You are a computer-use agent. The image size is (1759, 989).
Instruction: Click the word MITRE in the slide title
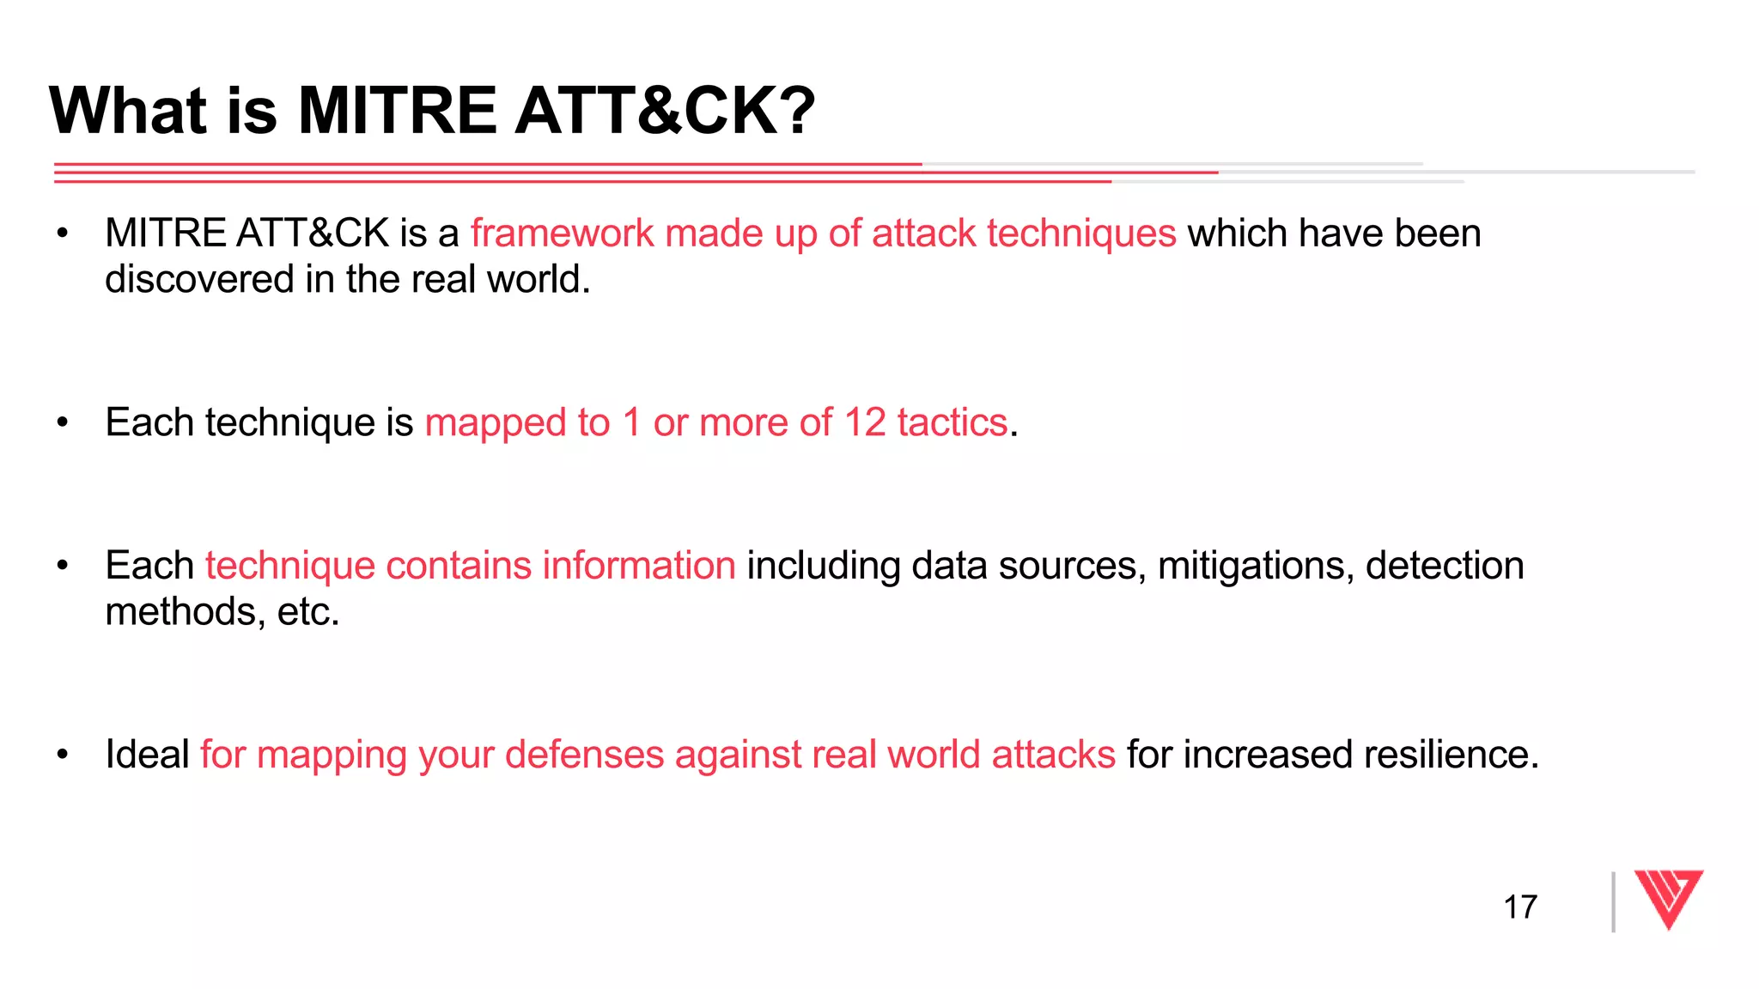pyautogui.click(x=397, y=111)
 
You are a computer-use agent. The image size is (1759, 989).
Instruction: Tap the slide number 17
pyautogui.click(x=1519, y=907)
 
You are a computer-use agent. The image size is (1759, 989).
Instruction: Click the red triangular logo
pyautogui.click(x=1668, y=898)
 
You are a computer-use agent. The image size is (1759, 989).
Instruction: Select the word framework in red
pyautogui.click(x=562, y=234)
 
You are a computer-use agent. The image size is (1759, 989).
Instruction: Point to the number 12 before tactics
pyautogui.click(x=864, y=422)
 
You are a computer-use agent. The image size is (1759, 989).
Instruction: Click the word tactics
pyautogui.click(x=952, y=422)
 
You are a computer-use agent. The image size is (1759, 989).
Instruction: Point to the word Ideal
pyautogui.click(x=147, y=755)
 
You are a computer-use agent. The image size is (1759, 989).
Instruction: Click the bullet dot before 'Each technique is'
pyautogui.click(x=62, y=422)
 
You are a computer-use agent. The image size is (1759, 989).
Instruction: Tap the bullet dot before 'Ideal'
pyautogui.click(x=62, y=755)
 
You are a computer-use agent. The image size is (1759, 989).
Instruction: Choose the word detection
pyautogui.click(x=1445, y=566)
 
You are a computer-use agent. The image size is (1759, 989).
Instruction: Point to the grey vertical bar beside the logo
pyautogui.click(x=1613, y=901)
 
